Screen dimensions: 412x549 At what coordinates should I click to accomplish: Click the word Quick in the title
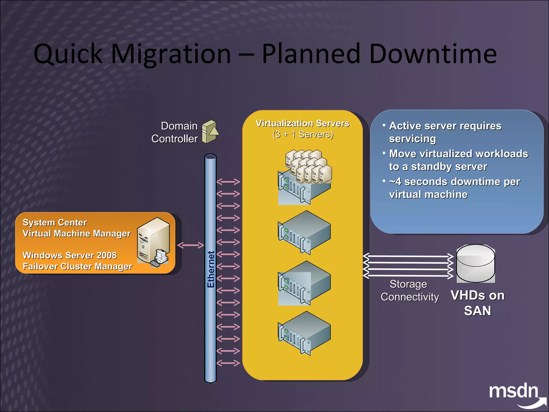68,54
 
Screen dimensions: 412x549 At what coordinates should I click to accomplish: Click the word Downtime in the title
433,54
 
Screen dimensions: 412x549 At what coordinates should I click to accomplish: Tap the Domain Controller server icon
210,132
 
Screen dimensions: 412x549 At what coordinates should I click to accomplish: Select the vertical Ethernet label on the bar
211,269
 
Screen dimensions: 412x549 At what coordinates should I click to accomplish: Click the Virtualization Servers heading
303,123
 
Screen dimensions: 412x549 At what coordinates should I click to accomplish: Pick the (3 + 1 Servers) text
303,134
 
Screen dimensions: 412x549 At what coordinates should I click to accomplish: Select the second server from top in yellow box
304,232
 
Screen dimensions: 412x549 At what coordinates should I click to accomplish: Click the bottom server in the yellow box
304,333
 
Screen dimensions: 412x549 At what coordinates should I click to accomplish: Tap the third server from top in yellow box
304,283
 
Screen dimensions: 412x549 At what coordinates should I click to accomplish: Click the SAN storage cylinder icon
476,263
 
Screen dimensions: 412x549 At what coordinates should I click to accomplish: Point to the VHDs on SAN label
477,303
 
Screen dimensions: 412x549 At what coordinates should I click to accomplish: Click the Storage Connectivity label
409,290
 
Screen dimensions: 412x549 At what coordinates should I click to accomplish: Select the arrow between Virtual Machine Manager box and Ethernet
191,245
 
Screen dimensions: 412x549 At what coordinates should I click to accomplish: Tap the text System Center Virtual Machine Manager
76,228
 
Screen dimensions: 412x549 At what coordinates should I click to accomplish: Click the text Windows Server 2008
70,255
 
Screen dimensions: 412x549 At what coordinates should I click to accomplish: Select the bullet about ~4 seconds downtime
454,188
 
